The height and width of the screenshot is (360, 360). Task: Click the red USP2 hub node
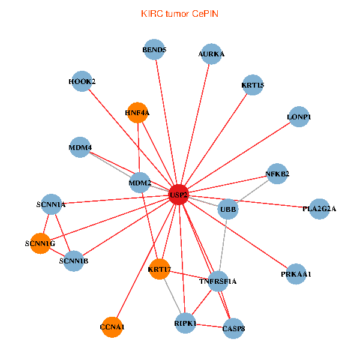(x=179, y=194)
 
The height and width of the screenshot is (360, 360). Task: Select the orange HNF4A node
(x=138, y=112)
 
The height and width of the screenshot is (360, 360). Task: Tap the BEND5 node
(x=155, y=50)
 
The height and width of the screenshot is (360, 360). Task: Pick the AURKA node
(x=211, y=54)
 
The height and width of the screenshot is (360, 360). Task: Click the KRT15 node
(x=253, y=85)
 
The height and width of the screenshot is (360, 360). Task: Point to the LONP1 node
(x=299, y=116)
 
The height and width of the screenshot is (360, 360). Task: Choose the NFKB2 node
(x=277, y=174)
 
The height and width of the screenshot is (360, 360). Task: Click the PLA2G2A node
(x=319, y=209)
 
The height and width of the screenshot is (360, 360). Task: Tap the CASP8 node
(x=233, y=328)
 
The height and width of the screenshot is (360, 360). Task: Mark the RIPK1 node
(x=185, y=323)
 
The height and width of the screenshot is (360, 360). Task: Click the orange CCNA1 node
(x=112, y=327)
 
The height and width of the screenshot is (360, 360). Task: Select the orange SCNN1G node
(x=40, y=243)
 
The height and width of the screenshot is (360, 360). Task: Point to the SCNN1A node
(x=52, y=204)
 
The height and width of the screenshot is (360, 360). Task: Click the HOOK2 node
(x=82, y=81)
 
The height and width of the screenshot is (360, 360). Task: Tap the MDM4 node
(x=80, y=147)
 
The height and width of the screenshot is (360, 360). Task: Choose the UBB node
(x=228, y=209)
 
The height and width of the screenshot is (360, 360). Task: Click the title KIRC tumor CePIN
(x=179, y=13)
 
